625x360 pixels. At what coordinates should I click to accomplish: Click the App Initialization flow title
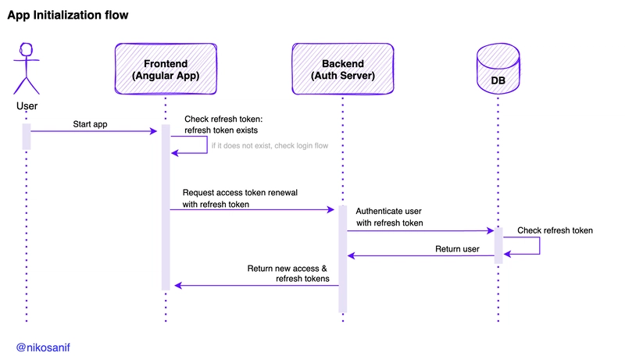68,15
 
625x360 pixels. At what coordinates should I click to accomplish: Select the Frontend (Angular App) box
166,69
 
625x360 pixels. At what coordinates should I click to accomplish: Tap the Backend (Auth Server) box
343,69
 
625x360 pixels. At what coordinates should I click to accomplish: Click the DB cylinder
498,69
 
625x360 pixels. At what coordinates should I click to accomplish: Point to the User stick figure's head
27,49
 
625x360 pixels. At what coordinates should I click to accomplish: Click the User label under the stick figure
27,106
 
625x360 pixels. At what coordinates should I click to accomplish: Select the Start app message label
90,124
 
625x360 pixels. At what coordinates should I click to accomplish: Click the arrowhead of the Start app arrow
154,131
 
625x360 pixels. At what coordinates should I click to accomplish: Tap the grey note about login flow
270,146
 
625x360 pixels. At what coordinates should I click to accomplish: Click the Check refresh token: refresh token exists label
223,125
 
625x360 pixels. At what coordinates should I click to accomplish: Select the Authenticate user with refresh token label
389,217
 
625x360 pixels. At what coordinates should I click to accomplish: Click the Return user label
457,249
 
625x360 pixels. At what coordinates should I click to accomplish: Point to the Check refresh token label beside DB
555,230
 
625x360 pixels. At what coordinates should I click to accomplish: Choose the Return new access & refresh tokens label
287,273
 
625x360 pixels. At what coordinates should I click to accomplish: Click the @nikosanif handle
43,348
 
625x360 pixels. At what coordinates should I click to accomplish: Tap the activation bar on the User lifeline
27,137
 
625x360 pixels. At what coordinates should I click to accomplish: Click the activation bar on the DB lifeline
498,246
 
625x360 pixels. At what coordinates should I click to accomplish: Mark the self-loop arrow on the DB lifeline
540,246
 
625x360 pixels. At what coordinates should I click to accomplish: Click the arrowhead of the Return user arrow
351,255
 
